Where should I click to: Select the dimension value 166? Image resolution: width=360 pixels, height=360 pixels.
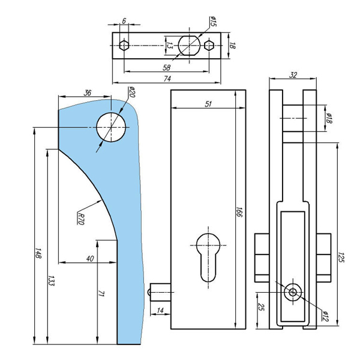238,212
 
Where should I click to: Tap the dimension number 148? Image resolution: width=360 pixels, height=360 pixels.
38,254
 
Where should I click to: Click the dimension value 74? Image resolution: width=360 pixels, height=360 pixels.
167,79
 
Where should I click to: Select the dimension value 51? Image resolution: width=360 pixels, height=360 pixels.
208,104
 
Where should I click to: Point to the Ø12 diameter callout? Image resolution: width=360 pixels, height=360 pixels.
325,317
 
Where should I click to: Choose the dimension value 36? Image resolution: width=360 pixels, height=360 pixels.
87,92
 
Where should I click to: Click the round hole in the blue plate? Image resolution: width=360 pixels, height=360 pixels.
111,127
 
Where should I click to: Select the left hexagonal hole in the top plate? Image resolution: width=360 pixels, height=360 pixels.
124,45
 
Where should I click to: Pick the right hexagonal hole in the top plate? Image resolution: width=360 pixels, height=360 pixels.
209,45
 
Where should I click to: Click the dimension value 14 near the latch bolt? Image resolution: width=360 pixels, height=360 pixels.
160,310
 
